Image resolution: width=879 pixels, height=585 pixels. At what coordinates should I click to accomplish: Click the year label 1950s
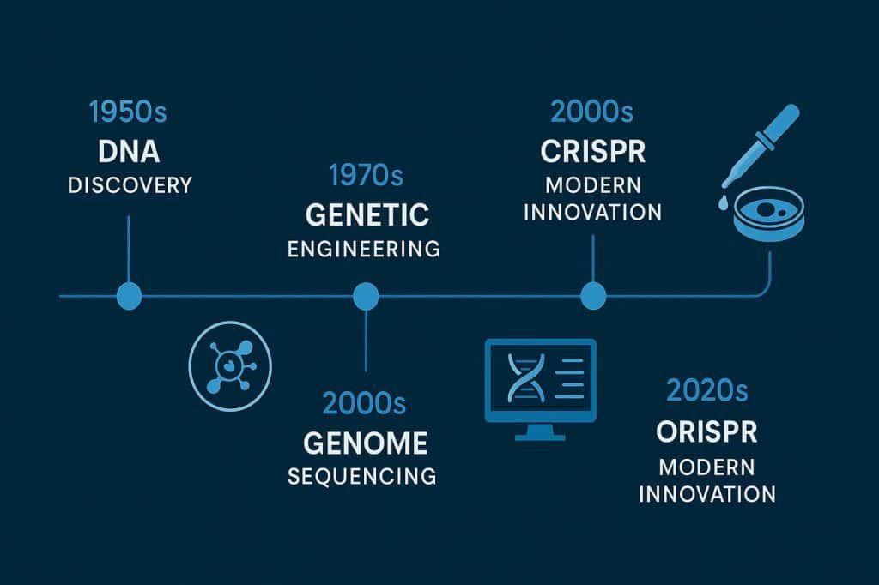[128, 112]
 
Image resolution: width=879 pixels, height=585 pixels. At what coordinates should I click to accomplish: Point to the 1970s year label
[366, 176]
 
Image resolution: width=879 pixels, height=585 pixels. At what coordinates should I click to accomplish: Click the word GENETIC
[366, 214]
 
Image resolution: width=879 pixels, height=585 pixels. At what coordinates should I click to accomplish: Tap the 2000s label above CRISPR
[593, 112]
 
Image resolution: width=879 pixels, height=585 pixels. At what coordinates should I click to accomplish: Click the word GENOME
[365, 443]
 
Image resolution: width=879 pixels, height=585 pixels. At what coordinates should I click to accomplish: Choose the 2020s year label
[706, 391]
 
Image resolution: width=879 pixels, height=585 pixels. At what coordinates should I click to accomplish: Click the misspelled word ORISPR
[706, 432]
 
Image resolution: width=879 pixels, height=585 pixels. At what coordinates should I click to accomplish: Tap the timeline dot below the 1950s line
[128, 296]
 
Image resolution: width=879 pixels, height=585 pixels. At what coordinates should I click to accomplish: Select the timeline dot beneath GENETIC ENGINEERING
[366, 296]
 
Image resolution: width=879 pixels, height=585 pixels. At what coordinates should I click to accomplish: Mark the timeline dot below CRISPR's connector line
[593, 296]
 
